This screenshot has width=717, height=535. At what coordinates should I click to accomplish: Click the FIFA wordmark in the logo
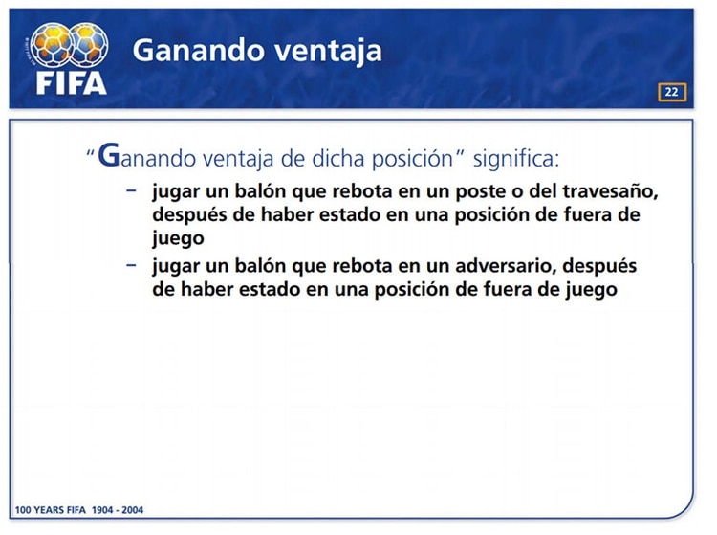72,84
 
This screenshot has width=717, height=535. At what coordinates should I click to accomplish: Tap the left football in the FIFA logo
52,45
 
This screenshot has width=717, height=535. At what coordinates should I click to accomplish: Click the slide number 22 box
672,92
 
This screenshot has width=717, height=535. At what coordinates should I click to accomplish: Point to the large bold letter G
109,155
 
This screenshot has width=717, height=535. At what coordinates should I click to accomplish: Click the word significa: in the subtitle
516,159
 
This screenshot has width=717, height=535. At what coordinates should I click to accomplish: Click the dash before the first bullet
131,189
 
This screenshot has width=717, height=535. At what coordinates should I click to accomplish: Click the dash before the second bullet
131,264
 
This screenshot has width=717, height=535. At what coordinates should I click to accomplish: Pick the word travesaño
610,191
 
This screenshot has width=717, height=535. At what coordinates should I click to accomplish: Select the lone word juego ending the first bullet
178,239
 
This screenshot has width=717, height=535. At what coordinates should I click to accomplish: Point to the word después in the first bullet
189,215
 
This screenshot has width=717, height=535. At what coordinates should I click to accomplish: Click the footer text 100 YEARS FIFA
51,510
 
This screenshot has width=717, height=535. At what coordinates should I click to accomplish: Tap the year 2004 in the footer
133,510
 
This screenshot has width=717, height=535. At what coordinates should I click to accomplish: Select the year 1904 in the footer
102,510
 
